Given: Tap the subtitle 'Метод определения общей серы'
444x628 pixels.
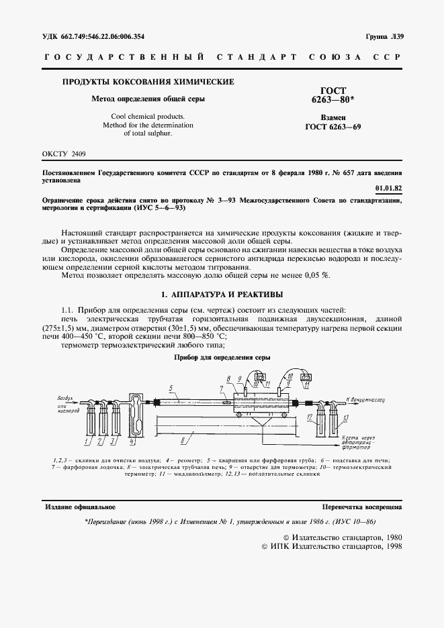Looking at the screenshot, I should pyautogui.click(x=148, y=99).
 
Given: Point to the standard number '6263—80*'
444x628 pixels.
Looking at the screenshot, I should pyautogui.click(x=332, y=99).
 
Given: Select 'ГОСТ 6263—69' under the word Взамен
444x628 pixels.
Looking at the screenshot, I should pyautogui.click(x=332, y=126).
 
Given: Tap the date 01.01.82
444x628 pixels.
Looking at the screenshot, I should pyautogui.click(x=389, y=189).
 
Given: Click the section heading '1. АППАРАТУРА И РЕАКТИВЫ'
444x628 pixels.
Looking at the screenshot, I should pyautogui.click(x=222, y=294).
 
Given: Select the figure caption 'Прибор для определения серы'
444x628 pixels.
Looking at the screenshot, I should pyautogui.click(x=222, y=358).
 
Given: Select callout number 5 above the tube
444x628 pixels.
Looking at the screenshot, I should pyautogui.click(x=171, y=388).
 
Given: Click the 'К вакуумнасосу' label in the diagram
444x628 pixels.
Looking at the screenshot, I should pyautogui.click(x=365, y=399).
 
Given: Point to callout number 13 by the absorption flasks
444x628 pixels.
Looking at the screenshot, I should pyautogui.click(x=345, y=417).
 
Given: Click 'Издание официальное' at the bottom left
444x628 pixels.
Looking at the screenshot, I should pyautogui.click(x=79, y=507).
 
